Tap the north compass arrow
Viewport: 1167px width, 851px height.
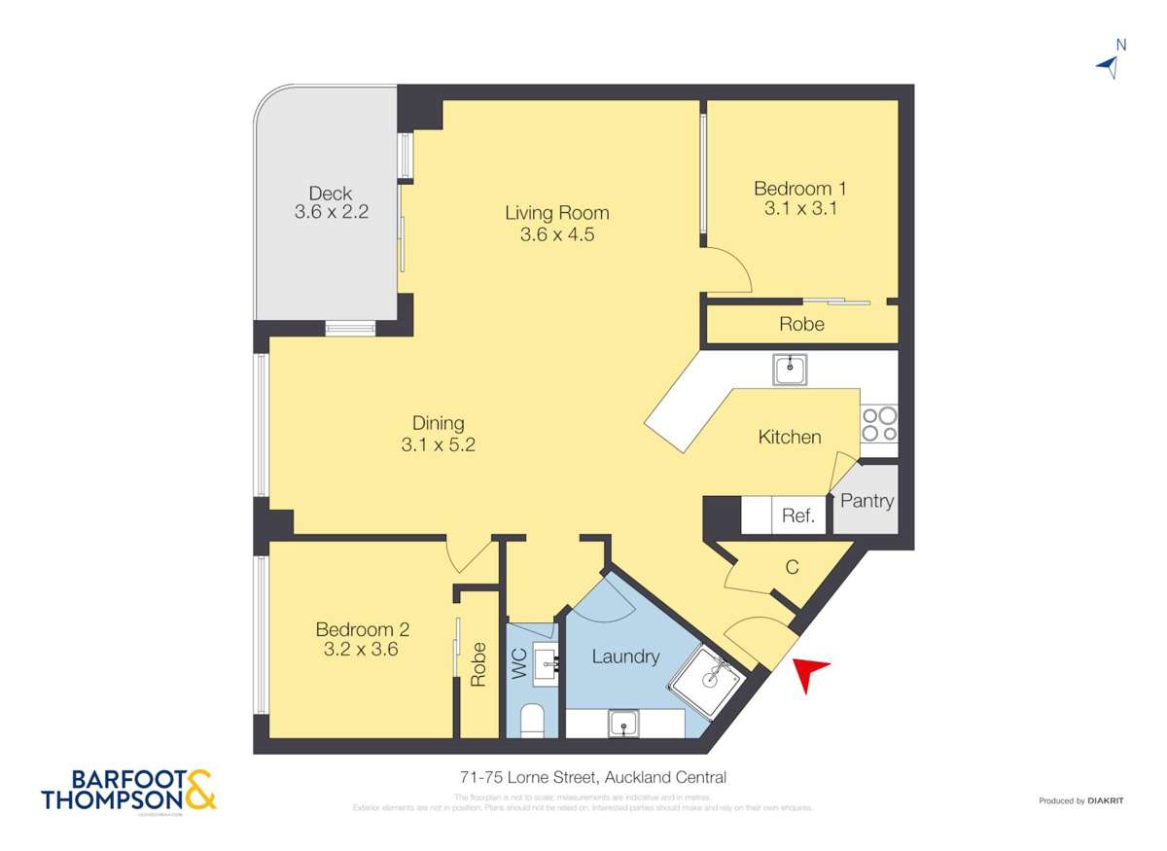click(x=1107, y=65)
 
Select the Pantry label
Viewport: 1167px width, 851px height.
click(x=866, y=502)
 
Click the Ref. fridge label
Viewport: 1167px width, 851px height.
click(x=797, y=516)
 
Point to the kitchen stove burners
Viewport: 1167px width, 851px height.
click(x=879, y=424)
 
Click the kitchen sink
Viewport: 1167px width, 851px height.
click(x=790, y=369)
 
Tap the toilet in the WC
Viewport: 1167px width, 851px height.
click(x=533, y=721)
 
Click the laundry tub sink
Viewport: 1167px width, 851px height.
click(x=623, y=723)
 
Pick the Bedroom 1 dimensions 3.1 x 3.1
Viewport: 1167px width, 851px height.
click(x=795, y=207)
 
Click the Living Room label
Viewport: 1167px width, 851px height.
click(x=556, y=213)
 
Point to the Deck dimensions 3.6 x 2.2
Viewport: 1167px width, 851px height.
click(x=331, y=211)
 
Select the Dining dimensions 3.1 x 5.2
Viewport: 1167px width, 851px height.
click(x=438, y=444)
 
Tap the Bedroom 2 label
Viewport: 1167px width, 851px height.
click(x=355, y=629)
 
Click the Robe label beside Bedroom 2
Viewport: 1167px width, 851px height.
click(x=477, y=665)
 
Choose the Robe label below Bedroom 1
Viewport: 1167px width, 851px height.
click(x=801, y=325)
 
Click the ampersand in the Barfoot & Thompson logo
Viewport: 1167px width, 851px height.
click(x=199, y=790)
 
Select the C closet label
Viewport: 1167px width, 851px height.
click(x=792, y=567)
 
